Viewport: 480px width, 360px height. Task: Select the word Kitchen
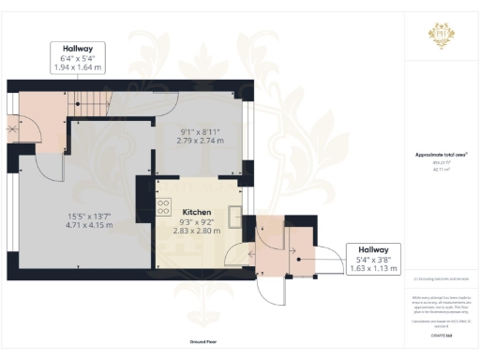point(197,213)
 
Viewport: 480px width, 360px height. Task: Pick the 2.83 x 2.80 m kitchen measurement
point(197,230)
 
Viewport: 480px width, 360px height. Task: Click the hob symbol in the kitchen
point(163,207)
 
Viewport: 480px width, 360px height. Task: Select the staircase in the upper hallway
point(89,103)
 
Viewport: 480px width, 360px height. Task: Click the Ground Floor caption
point(203,342)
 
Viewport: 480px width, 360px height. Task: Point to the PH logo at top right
point(442,33)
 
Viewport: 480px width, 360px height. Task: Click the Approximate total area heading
point(441,155)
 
